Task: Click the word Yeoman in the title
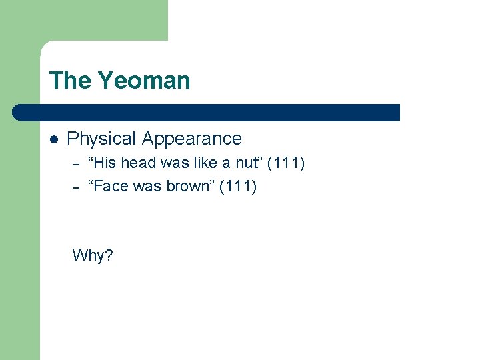pos(144,81)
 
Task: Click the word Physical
pos(102,139)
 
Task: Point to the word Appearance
pos(192,139)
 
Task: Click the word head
pos(138,163)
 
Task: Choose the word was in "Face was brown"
pos(147,186)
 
